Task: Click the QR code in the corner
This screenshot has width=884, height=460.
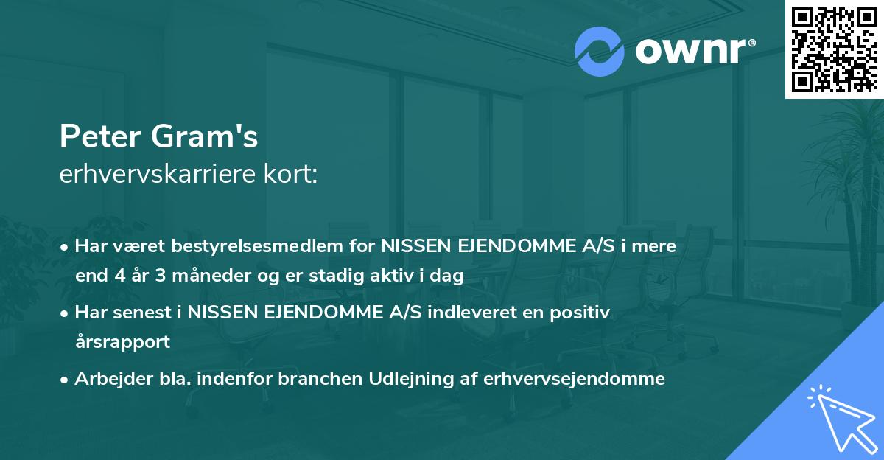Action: (x=834, y=49)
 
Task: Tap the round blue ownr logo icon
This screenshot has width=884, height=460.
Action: (x=599, y=51)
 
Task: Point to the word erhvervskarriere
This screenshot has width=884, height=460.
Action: (x=147, y=175)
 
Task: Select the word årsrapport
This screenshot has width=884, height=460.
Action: (x=122, y=342)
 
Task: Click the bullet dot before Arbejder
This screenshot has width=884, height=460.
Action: (x=66, y=380)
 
